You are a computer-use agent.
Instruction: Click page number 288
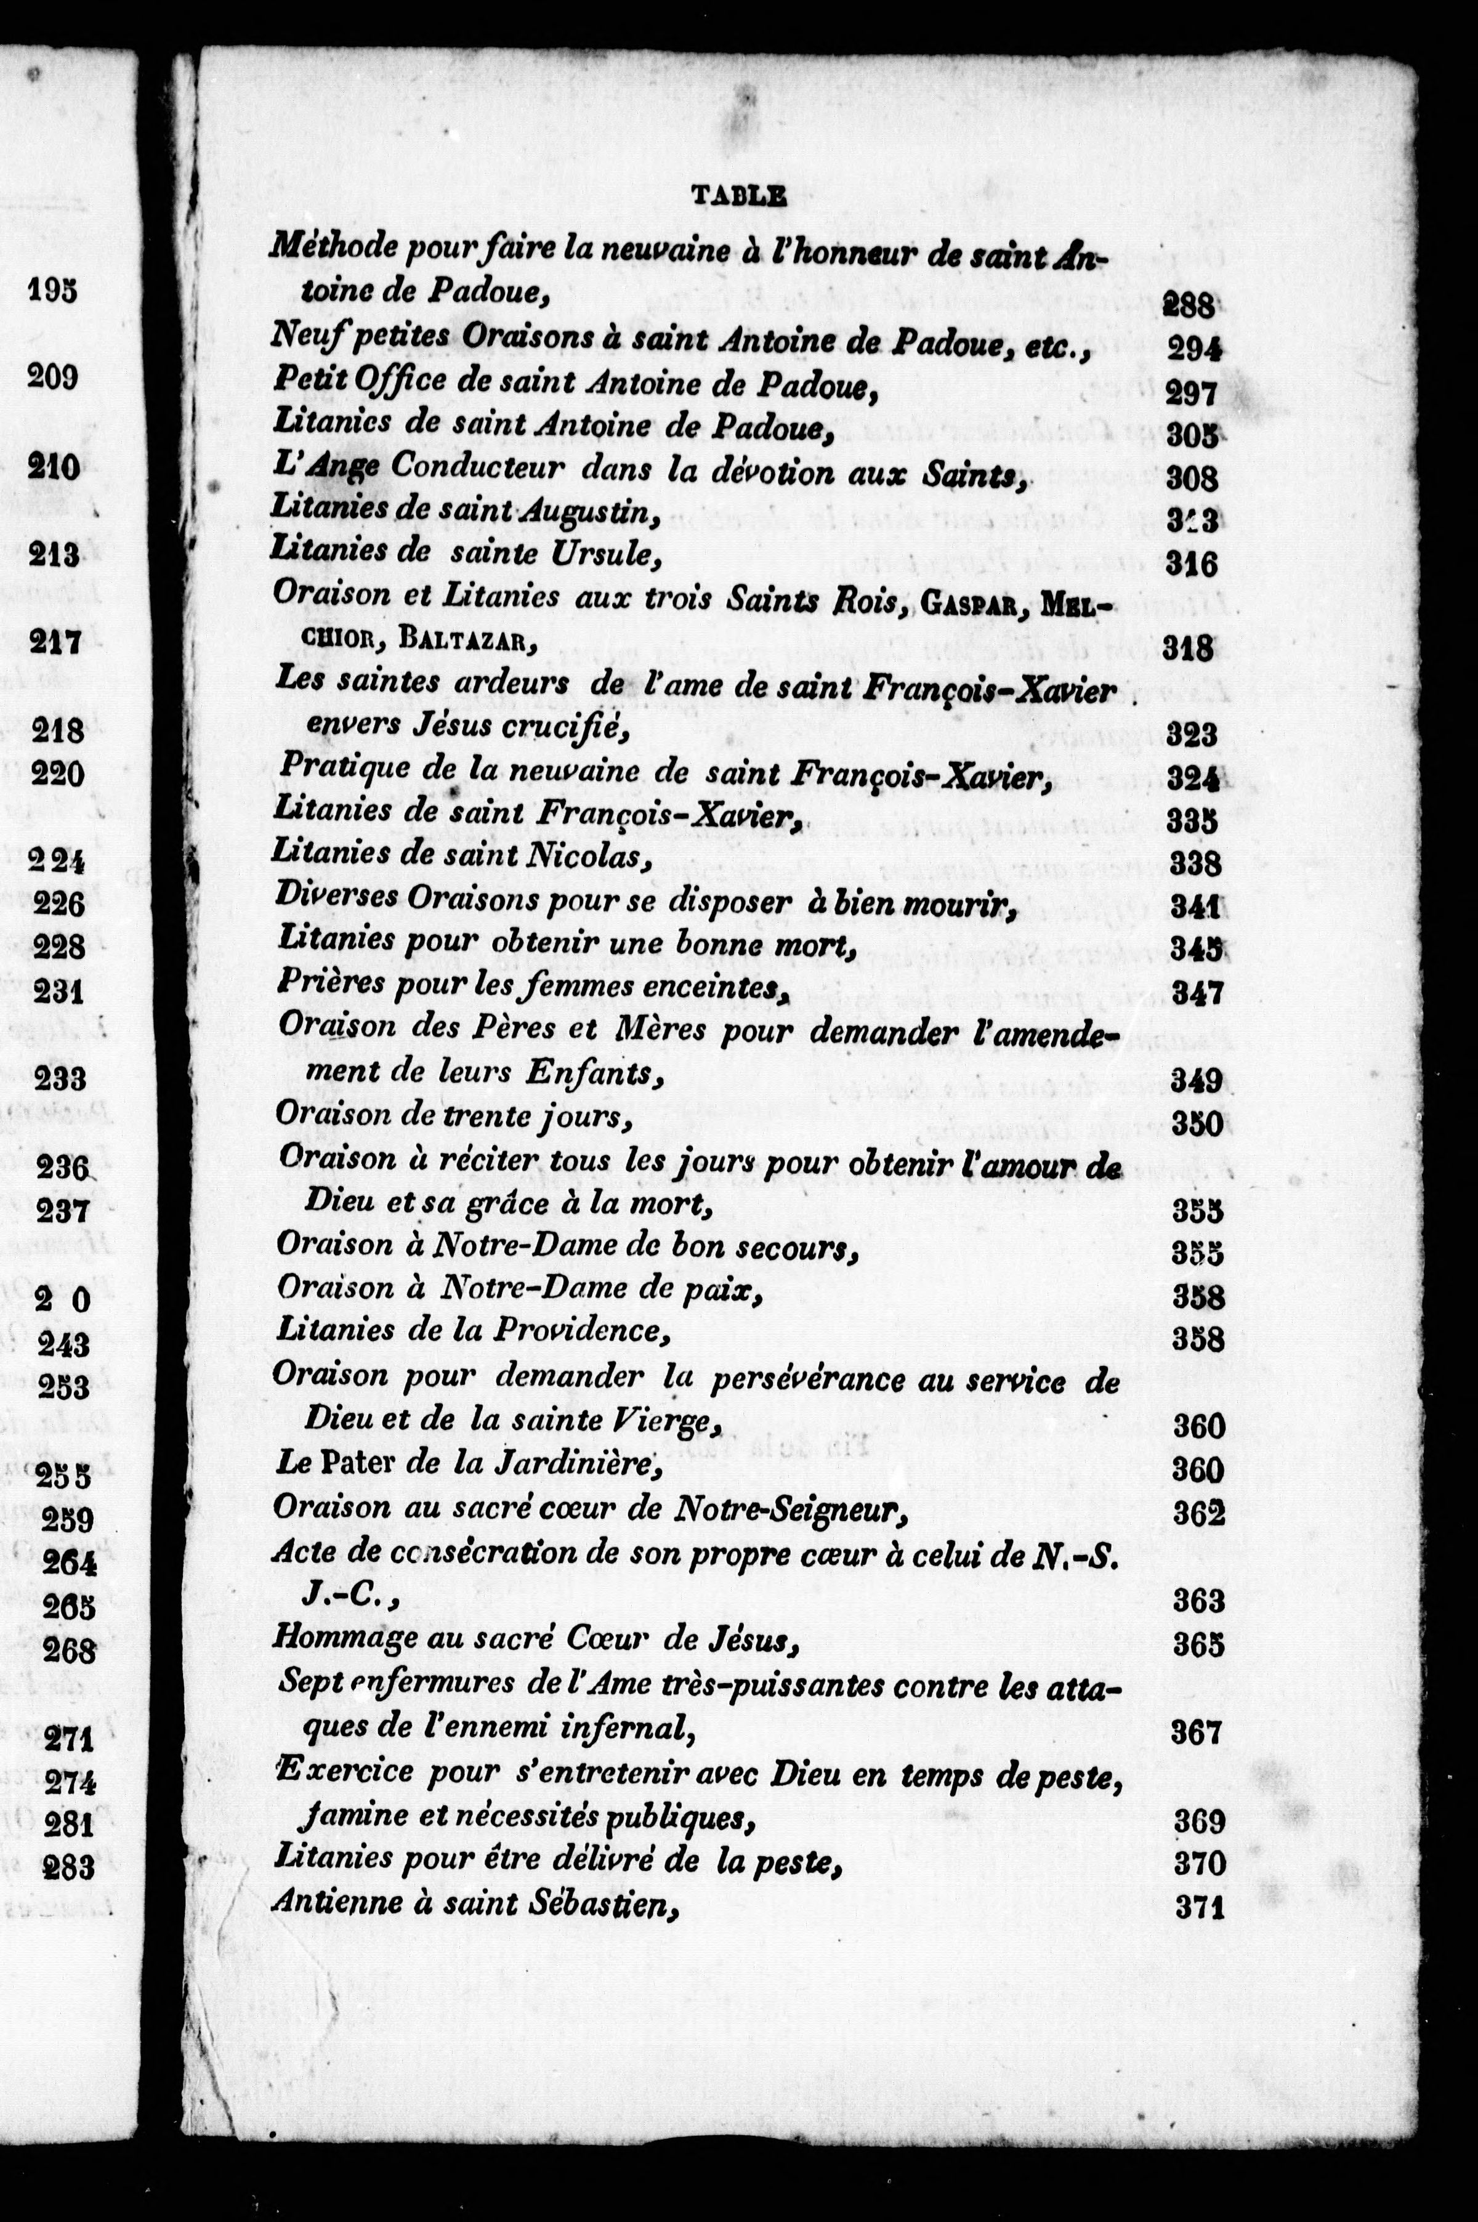(x=1190, y=304)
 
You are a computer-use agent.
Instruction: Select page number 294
(x=1194, y=349)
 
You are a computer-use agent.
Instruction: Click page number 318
(x=1190, y=648)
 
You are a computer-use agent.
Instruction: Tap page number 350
(x=1197, y=1124)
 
